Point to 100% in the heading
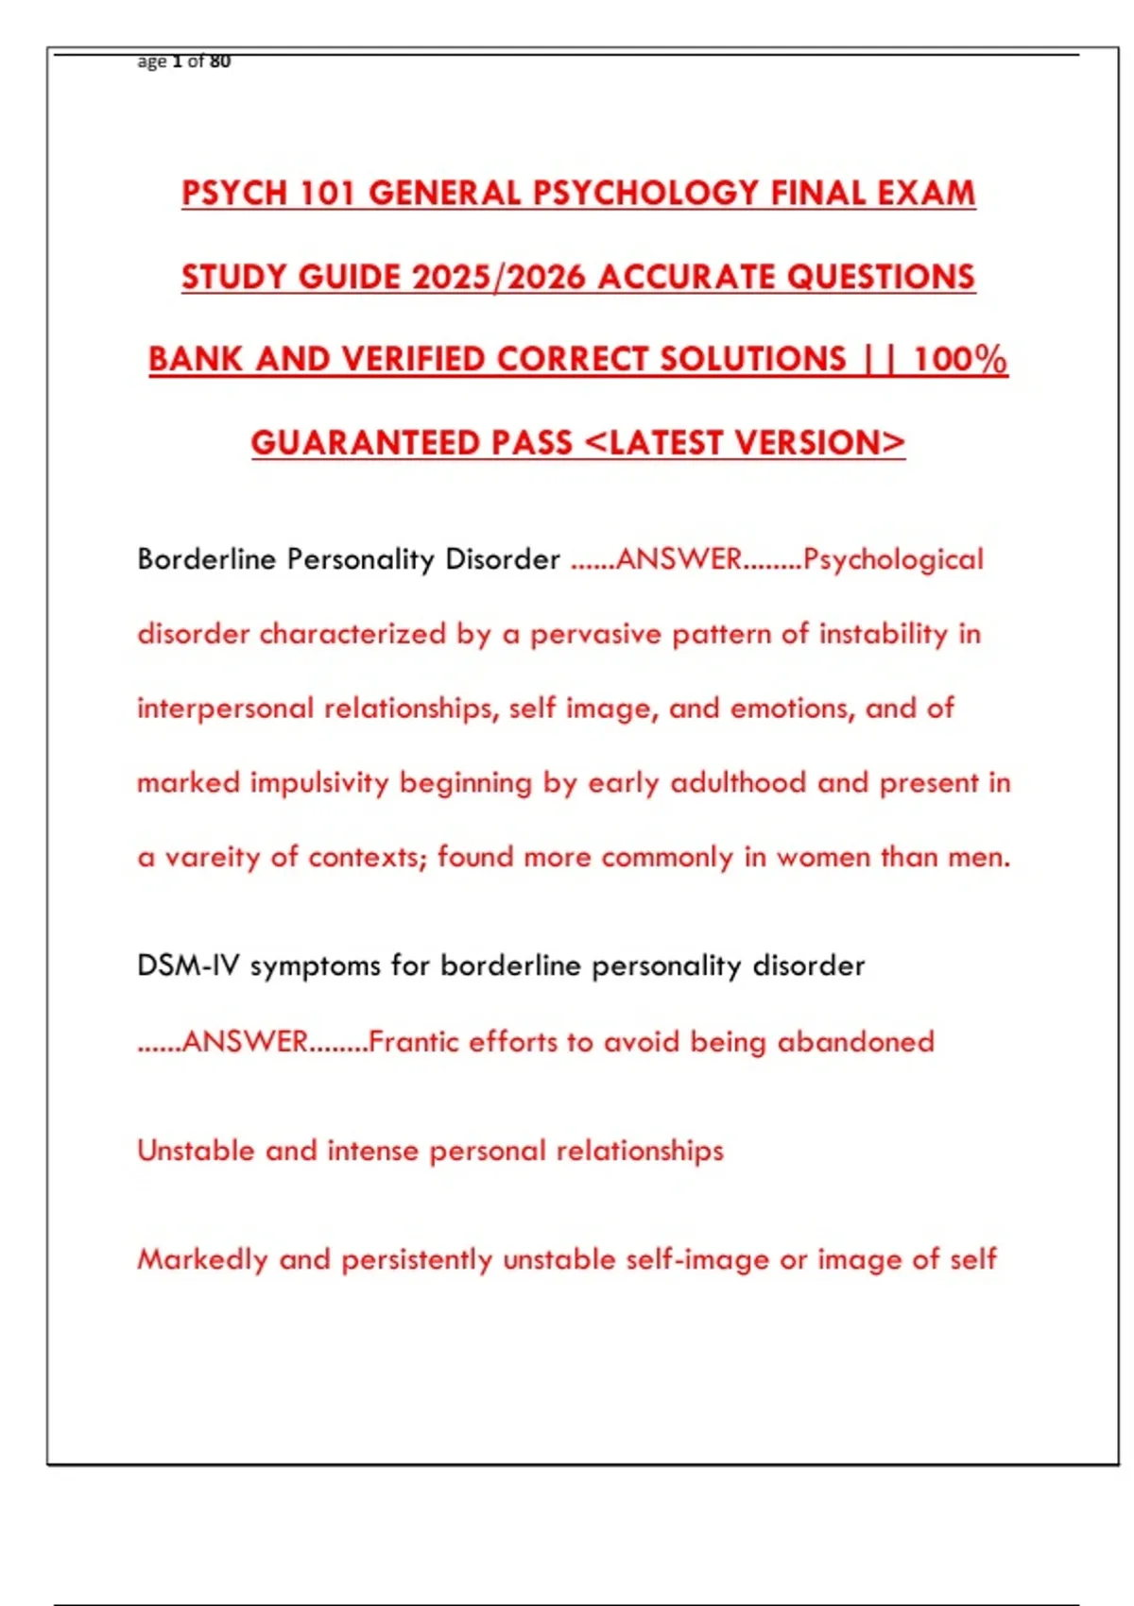(x=960, y=360)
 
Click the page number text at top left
(x=184, y=61)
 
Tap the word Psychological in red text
(x=893, y=559)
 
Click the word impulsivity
(x=319, y=783)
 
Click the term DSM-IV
(x=188, y=965)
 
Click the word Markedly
(x=202, y=1259)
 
